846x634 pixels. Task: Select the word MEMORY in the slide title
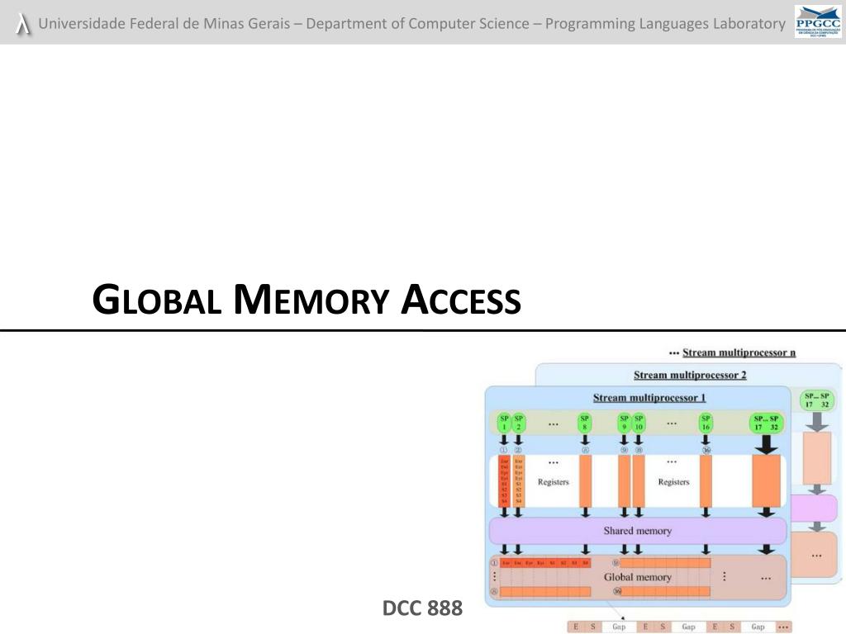pos(311,300)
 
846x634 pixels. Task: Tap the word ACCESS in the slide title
pos(461,300)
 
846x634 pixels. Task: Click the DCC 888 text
pos(422,609)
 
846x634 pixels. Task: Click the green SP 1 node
pos(504,423)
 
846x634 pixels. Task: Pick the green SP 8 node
pos(585,423)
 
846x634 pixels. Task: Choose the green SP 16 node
pos(706,423)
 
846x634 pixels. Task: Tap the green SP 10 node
pos(639,423)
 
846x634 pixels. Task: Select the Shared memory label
pos(637,531)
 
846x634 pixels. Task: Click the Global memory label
pos(637,577)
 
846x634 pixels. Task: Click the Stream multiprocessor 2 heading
pos(690,375)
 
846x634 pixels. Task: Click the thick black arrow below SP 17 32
pos(767,445)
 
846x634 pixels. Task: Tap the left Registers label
pos(553,482)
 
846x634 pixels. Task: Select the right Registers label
pos(673,482)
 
